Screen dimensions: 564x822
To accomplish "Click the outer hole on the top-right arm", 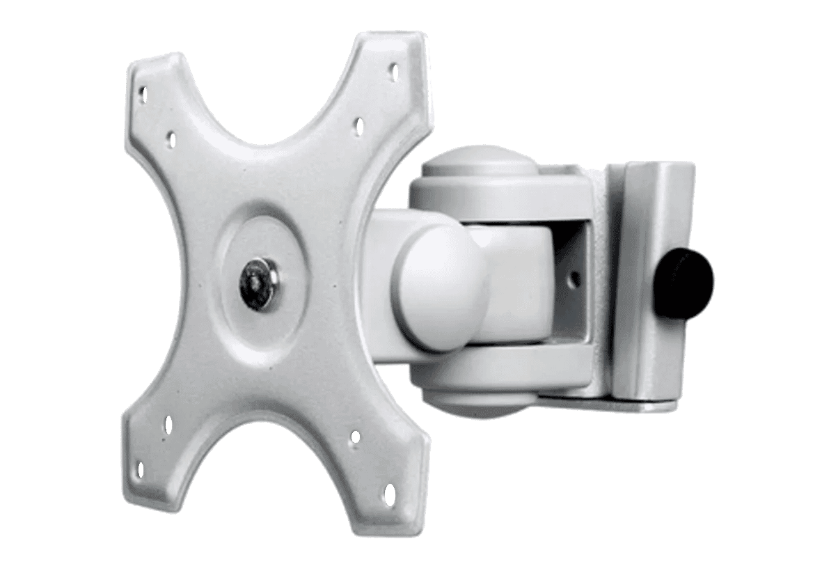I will (x=393, y=71).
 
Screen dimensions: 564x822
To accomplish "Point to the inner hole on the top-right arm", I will (x=359, y=126).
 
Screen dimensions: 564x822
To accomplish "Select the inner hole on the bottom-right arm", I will (x=355, y=437).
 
